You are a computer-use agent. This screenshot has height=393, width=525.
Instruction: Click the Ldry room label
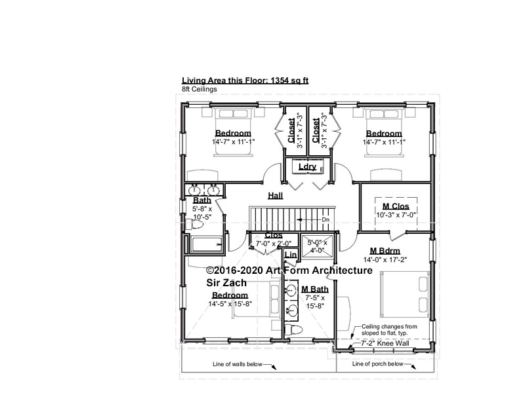pos(307,166)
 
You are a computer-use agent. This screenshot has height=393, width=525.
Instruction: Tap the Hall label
pos(275,195)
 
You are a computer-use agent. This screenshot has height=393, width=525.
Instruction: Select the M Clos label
pos(396,206)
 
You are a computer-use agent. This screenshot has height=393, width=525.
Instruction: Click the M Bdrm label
pos(385,251)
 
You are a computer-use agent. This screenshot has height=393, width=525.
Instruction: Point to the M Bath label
pos(315,289)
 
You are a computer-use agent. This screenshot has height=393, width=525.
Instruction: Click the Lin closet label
pos(291,255)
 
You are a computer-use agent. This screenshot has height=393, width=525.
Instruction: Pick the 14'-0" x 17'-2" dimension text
pos(385,259)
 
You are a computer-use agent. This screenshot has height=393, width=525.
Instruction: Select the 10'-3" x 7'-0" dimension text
pos(396,215)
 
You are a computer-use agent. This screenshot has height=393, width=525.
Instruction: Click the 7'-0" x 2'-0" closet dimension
pos(274,244)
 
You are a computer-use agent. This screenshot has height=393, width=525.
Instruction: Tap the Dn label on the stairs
pos(325,219)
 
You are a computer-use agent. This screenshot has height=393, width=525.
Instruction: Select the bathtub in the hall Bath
pos(206,244)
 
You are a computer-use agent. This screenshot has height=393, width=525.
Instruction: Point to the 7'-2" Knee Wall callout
pos(385,343)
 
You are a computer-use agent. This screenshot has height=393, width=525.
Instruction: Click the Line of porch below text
pos(378,364)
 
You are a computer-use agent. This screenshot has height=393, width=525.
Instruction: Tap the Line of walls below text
pos(238,364)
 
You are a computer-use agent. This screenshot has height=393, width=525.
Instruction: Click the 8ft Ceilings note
pos(199,89)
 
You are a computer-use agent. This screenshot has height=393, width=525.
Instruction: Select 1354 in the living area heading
pos(280,80)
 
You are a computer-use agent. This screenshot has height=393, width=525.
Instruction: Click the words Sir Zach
pos(226,283)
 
